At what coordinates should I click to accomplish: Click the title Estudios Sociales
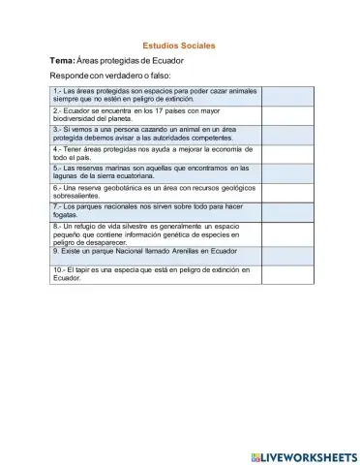click(x=178, y=46)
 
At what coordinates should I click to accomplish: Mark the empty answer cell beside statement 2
click(x=288, y=115)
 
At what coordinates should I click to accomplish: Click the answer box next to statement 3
click(x=288, y=134)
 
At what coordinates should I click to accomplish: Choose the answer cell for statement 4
click(x=288, y=153)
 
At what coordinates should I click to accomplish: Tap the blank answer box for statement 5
click(x=288, y=172)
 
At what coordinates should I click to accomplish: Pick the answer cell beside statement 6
click(x=288, y=191)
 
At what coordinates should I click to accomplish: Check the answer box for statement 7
click(x=288, y=210)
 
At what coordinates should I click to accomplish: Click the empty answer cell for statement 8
click(x=288, y=232)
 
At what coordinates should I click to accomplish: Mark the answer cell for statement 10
click(x=288, y=273)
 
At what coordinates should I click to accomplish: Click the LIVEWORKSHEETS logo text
click(x=307, y=455)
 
